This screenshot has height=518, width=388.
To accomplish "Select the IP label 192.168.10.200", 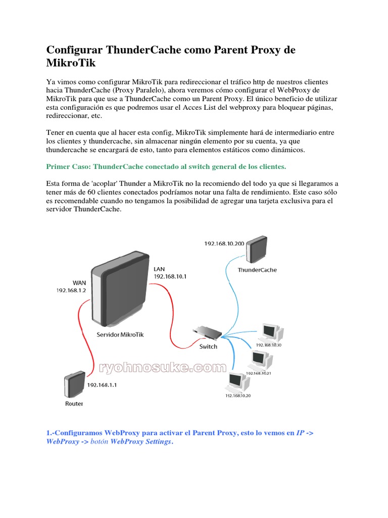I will point(224,243).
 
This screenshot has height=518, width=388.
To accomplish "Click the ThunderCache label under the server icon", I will point(257,270).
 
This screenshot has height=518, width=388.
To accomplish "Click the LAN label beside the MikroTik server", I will point(159,269).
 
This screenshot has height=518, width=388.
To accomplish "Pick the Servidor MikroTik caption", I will point(119,334).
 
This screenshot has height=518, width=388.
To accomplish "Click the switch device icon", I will point(207,332).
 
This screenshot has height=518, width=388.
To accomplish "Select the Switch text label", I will point(208,347).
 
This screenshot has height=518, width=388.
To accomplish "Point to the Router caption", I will point(74,404).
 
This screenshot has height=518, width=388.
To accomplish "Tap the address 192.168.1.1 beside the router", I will point(102,385).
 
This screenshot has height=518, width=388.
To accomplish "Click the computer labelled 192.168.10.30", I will point(271,332).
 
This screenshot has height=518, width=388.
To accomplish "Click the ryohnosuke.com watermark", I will point(163,368).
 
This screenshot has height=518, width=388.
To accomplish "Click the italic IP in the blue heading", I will point(301,433).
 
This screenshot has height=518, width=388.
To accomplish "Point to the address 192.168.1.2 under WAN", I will point(71,291).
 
